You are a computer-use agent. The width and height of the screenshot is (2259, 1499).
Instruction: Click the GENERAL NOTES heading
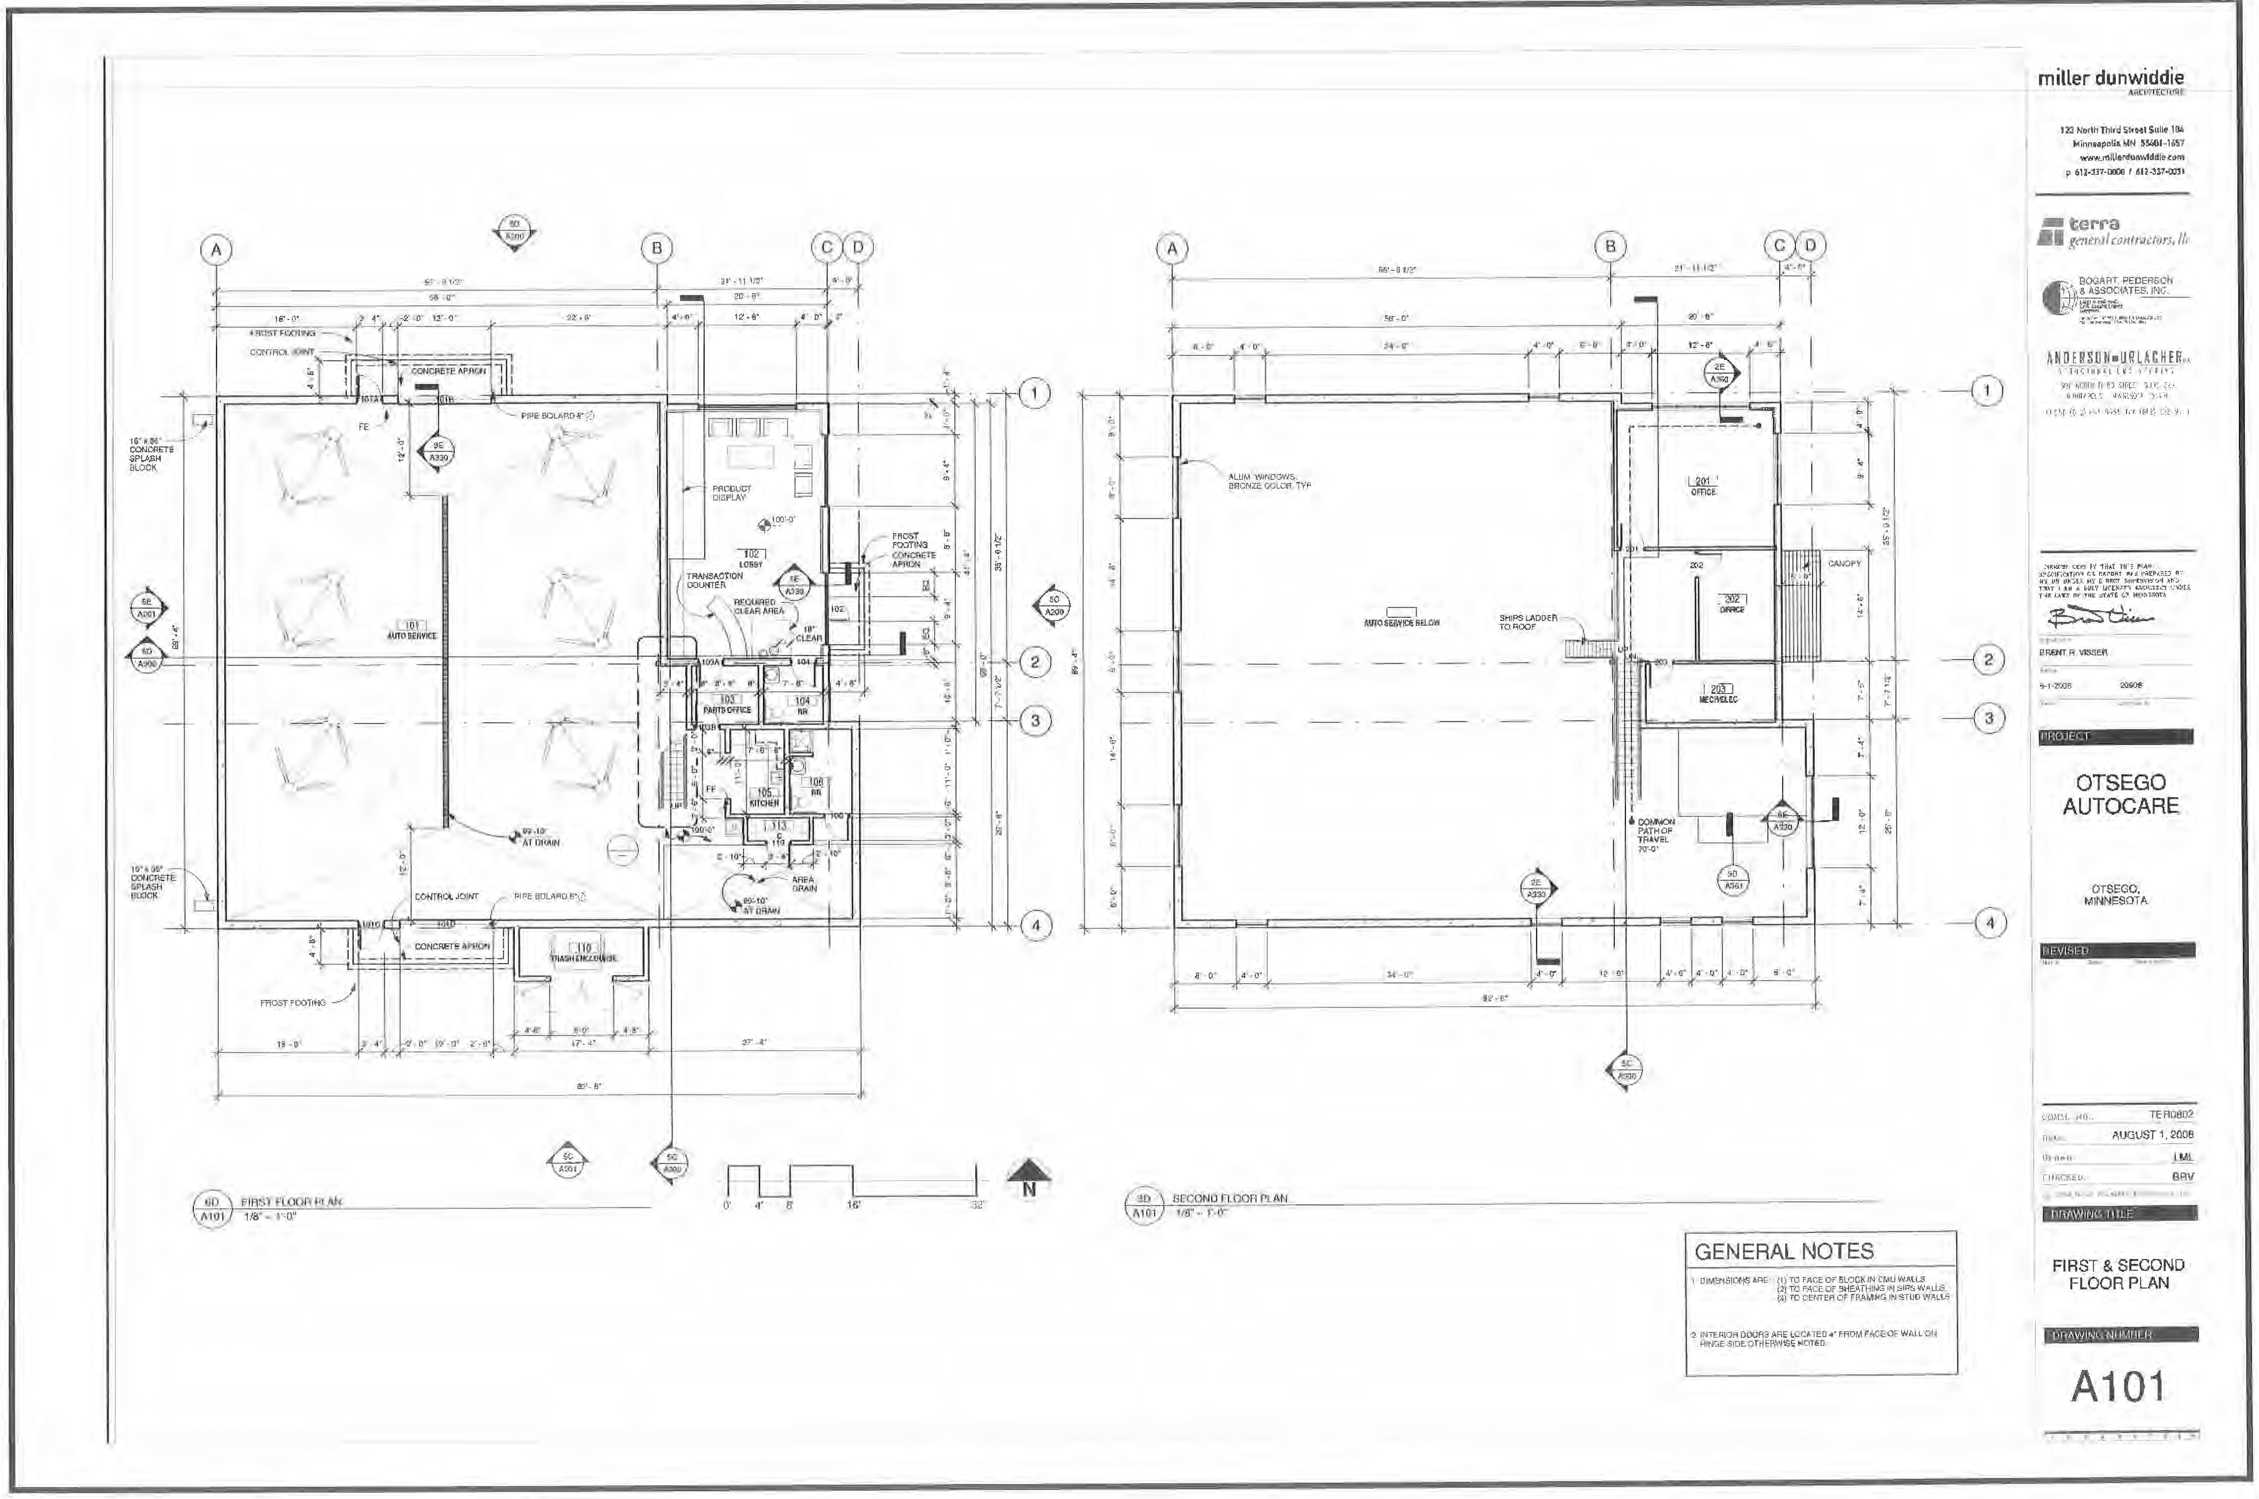1784,1251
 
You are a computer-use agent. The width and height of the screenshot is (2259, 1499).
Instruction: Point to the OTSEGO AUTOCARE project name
2120,794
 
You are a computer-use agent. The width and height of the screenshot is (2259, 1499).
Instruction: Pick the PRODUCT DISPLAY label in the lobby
731,492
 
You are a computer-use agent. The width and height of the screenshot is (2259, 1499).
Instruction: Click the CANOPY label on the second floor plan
1844,564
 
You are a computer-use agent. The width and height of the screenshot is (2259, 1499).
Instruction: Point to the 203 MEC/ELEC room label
1718,694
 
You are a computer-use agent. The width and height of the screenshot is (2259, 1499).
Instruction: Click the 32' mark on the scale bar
976,1205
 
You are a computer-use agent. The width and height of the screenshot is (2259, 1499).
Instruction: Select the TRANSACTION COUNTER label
713,579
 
